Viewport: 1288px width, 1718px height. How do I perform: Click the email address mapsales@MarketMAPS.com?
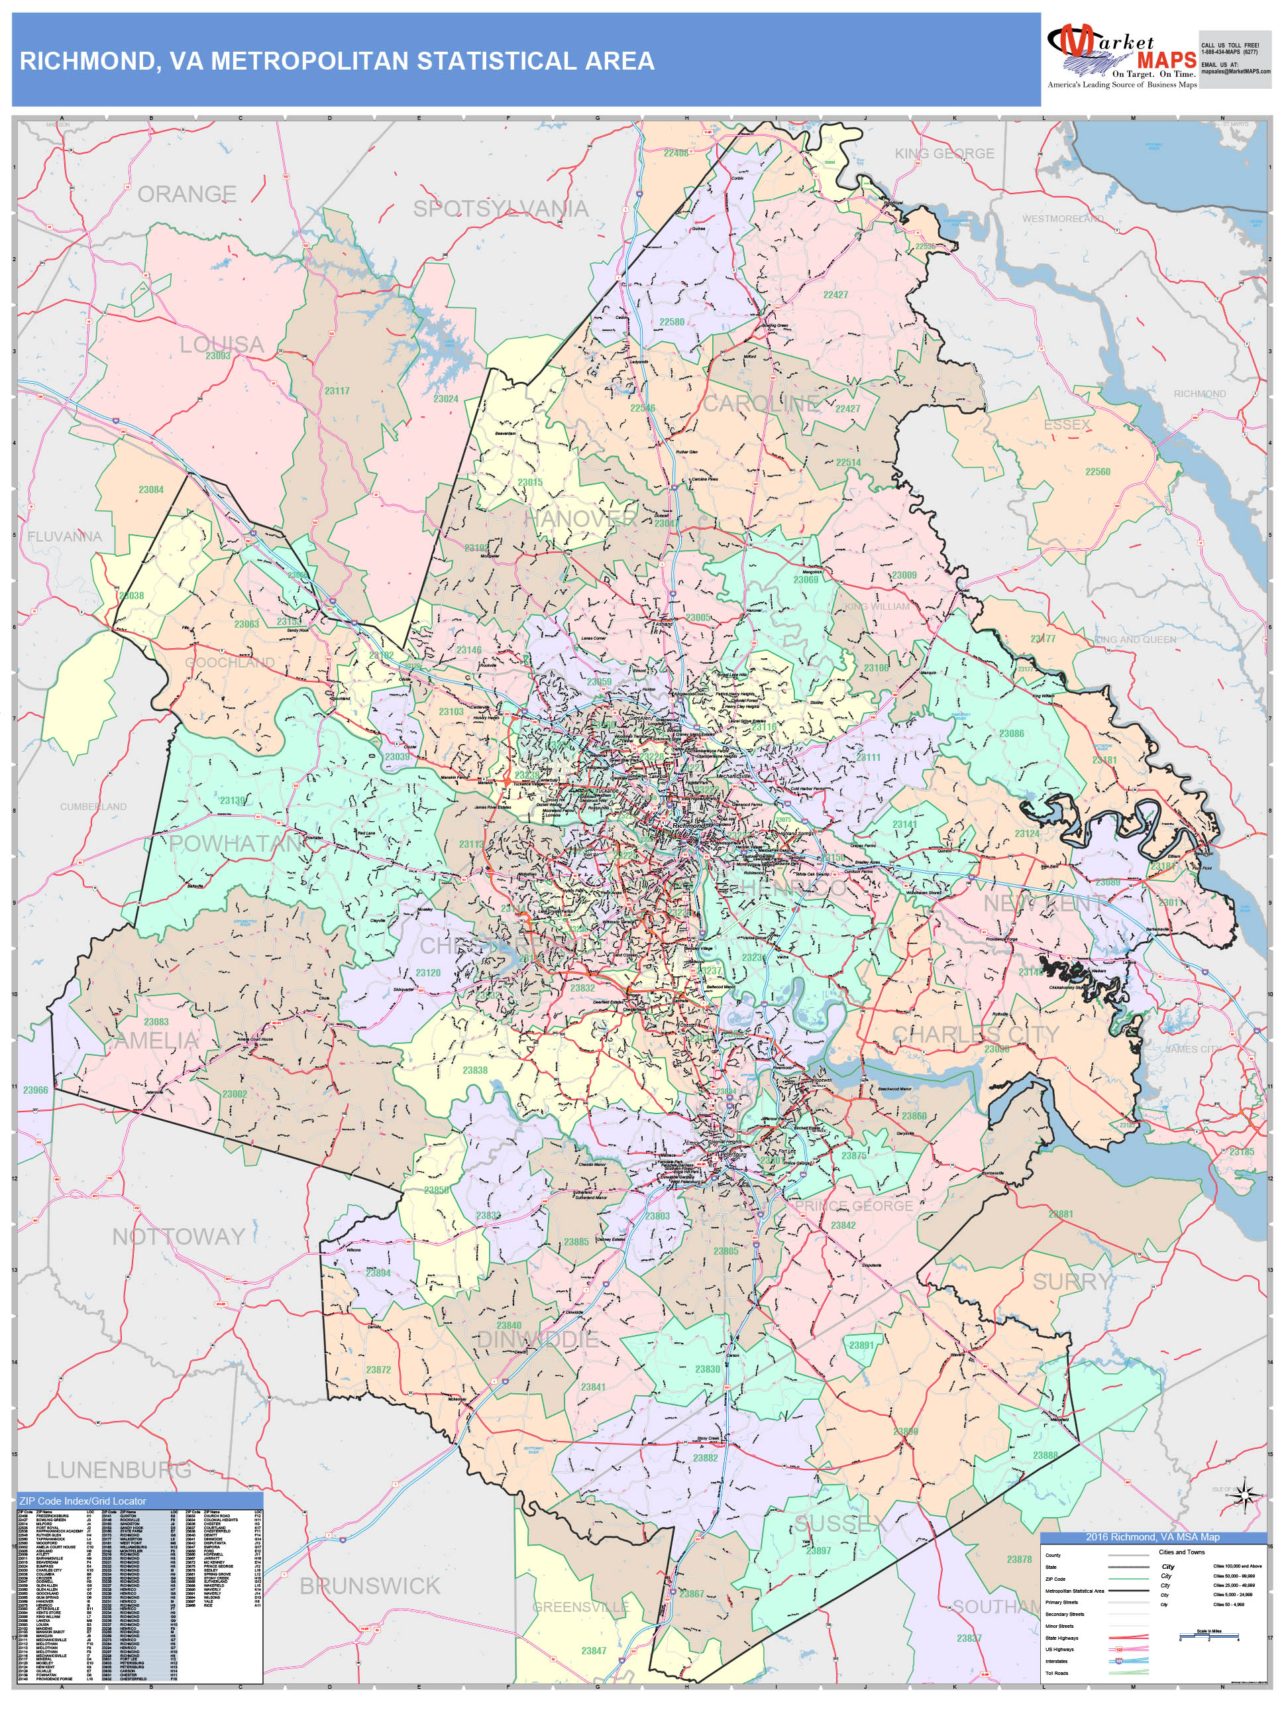coord(1235,72)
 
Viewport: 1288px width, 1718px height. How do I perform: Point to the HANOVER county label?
coord(580,519)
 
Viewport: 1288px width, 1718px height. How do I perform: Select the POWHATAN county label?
coord(235,844)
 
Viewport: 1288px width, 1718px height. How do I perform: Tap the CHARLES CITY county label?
coord(975,1034)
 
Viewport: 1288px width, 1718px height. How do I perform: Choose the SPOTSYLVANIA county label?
coord(500,208)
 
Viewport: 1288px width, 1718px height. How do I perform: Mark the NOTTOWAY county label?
coord(179,1236)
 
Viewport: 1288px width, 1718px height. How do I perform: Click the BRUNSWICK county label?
coord(370,1585)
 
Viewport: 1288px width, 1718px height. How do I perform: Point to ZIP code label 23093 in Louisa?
coord(217,356)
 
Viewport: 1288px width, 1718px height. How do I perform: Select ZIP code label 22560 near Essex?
coord(1097,471)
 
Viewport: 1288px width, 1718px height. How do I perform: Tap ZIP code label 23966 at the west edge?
coord(35,1090)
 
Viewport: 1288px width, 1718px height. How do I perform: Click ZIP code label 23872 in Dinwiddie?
coord(378,1369)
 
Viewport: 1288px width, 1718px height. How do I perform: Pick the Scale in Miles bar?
coord(1208,1636)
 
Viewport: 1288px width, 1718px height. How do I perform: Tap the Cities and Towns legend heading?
coord(1181,1552)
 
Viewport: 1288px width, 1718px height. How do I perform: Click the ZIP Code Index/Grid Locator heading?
coord(82,1501)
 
